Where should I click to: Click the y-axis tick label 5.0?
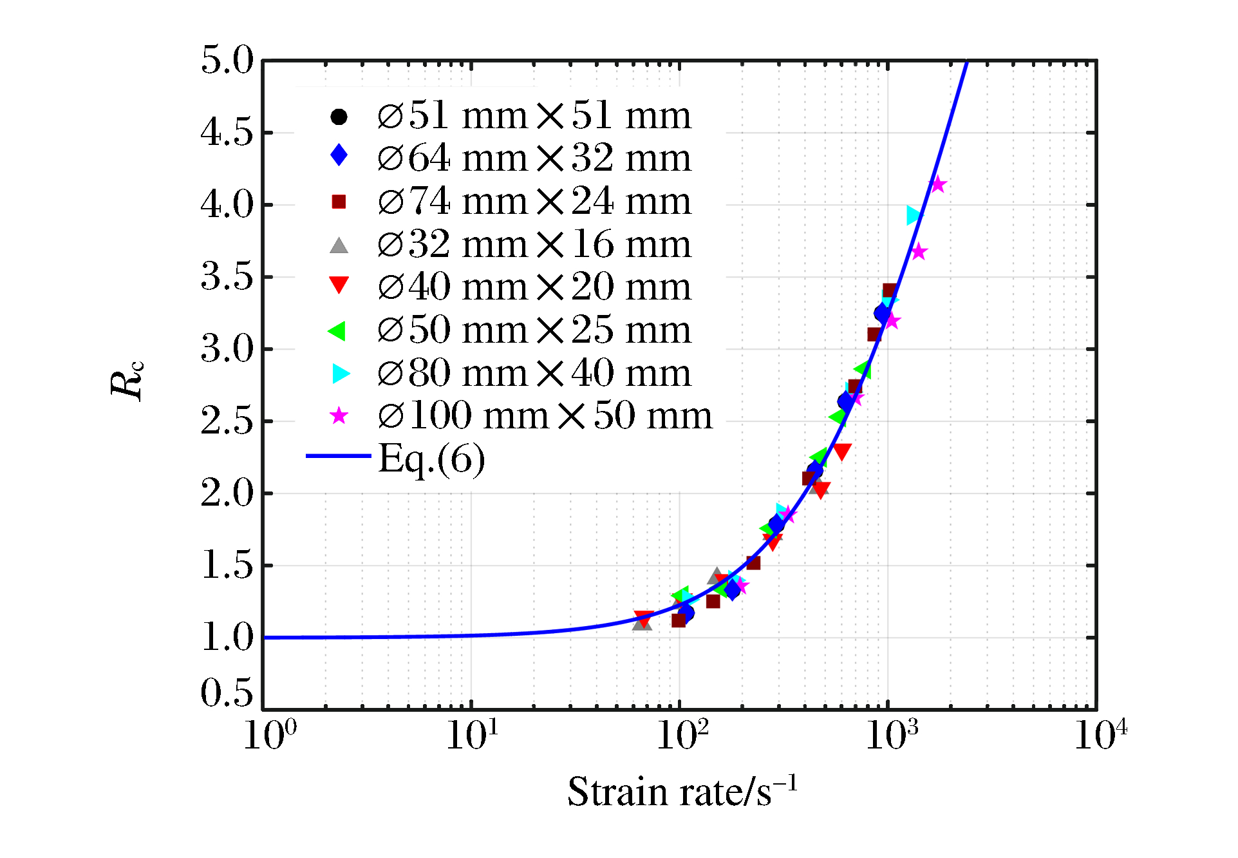227,61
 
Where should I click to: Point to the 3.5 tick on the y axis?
227,277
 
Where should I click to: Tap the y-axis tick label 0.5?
227,694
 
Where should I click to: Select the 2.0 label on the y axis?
227,493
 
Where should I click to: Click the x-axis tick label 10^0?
270,736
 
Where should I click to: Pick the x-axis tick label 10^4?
1100,736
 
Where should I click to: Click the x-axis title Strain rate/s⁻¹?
682,791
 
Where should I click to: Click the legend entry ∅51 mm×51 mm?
534,117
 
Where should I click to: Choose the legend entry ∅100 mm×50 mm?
545,416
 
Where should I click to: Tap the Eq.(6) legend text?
431,459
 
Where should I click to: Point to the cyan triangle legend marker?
341,374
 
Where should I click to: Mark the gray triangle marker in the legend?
339,245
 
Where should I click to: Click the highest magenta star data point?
938,185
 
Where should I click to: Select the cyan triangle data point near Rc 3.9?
914,215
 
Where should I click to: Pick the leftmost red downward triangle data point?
643,619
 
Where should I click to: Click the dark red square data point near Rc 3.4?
890,291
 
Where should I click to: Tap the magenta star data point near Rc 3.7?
919,252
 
